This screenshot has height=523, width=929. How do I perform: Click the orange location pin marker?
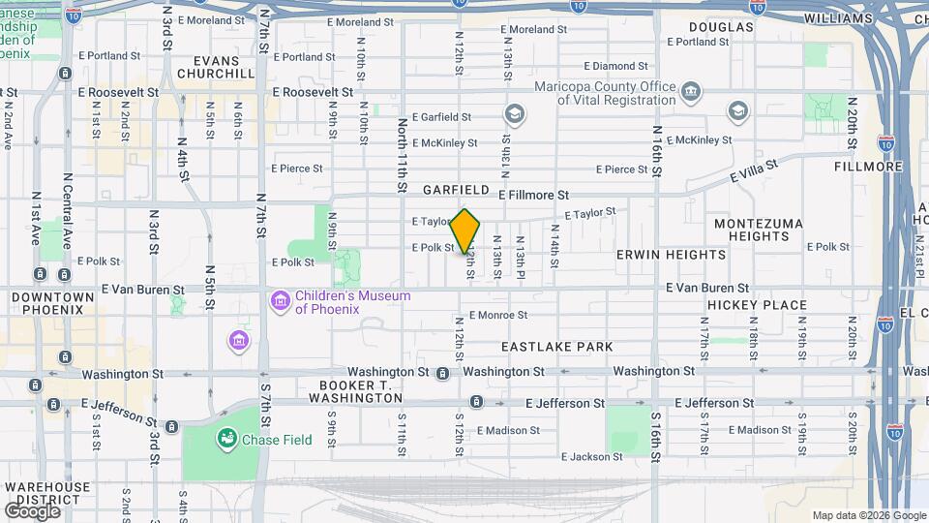[465, 231]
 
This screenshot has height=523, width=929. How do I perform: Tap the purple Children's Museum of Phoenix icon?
[281, 301]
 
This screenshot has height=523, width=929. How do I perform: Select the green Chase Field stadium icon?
[228, 440]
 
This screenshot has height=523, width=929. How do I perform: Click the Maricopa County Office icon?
[691, 93]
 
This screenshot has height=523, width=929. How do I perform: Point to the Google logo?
[32, 510]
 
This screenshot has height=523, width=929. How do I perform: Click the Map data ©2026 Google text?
[868, 515]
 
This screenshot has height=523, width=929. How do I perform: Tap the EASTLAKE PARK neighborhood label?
[556, 346]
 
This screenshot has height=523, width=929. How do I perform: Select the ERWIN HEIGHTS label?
[671, 255]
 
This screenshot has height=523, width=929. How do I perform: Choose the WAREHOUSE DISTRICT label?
[45, 494]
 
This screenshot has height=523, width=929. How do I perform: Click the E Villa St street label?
[754, 173]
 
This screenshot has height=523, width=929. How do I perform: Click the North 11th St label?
[402, 155]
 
